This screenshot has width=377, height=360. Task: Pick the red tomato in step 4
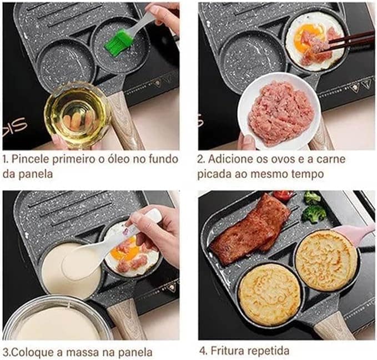pos(283,194)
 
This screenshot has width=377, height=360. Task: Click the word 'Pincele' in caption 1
pos(31,159)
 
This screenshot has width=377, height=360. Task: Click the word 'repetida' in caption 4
pos(269,351)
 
